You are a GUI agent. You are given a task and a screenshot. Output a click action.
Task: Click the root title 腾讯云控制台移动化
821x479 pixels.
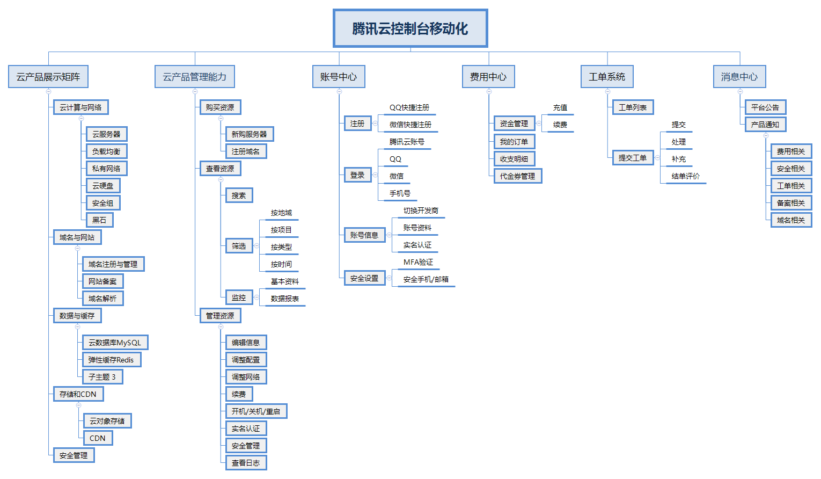[x=410, y=28]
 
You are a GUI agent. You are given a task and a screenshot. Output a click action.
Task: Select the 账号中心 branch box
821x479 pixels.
[x=339, y=77]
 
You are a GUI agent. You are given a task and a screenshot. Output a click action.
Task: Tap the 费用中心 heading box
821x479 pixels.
[x=488, y=77]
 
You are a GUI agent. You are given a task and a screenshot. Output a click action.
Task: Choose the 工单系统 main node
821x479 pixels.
[x=607, y=77]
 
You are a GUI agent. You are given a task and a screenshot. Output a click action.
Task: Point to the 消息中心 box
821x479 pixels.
[x=739, y=77]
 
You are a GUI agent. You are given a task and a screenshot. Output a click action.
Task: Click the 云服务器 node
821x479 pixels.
[x=106, y=134]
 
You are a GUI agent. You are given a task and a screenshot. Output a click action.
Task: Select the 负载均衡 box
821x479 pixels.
[x=106, y=151]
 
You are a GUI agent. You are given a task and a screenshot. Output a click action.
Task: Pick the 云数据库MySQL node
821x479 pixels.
[x=115, y=343]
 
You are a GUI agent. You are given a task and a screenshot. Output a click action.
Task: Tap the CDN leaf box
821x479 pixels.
[x=98, y=438]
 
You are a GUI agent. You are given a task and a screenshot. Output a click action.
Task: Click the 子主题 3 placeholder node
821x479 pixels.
[x=102, y=377]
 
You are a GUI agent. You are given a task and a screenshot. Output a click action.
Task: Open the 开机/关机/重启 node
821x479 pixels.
[x=256, y=411]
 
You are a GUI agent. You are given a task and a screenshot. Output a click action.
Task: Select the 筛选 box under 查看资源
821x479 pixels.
[x=239, y=246]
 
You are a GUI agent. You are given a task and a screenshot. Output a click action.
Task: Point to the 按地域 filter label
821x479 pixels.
[x=281, y=213]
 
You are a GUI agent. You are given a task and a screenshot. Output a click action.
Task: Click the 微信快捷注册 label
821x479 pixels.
[x=410, y=125]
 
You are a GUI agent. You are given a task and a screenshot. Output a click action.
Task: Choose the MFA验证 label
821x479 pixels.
[x=418, y=262]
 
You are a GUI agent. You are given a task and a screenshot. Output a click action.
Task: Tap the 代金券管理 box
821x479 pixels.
[x=517, y=176]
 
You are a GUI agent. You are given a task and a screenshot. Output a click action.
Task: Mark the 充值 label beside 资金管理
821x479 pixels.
[x=560, y=108]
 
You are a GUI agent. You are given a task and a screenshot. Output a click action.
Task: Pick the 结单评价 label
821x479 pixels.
[x=686, y=176]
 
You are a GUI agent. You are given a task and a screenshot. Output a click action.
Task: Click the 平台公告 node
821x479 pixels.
[x=765, y=107]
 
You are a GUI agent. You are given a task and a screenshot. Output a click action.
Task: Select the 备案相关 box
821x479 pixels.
[x=791, y=203]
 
